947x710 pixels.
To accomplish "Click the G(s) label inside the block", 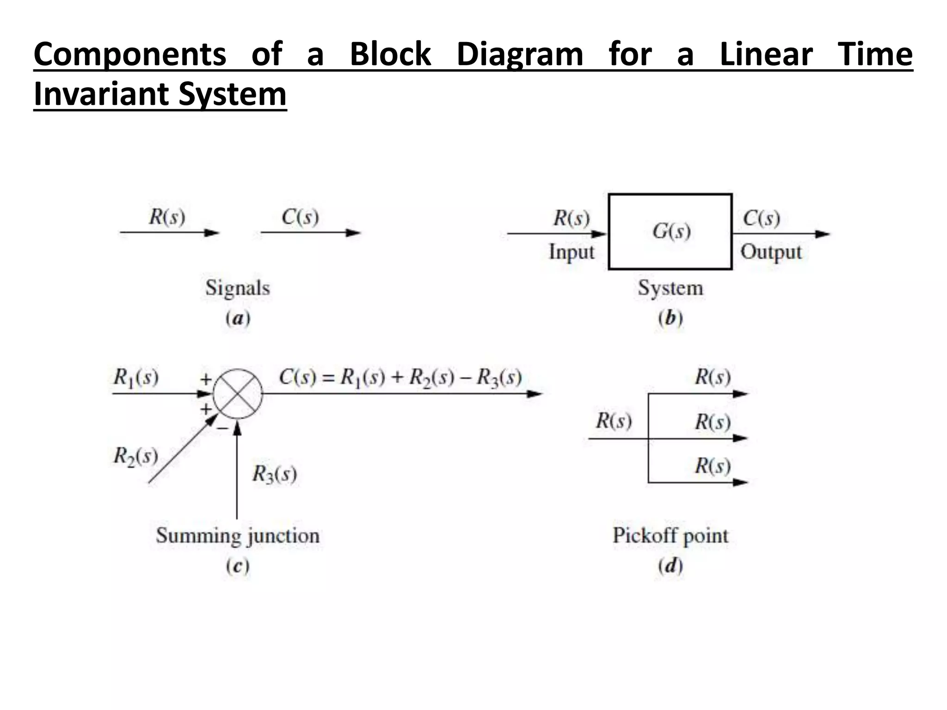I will coord(671,231).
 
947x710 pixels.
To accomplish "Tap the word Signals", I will coord(238,288).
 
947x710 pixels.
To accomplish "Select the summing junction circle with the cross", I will coord(238,394).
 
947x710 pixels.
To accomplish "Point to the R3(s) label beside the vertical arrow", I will coord(274,474).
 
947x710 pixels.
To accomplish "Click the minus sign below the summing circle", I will coord(222,428).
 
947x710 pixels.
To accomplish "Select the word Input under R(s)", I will coord(572,252).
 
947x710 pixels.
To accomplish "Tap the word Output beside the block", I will coord(771,252).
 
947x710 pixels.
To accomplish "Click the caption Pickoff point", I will coord(670,536).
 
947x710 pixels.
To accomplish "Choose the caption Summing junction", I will coord(238,536).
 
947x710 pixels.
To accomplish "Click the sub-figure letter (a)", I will coord(238,318).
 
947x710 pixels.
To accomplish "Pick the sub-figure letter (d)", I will coord(670,566).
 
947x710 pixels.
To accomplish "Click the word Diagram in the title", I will coord(520,55).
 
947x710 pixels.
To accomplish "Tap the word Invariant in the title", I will coord(102,94).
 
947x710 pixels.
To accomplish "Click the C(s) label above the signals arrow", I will coord(300,217).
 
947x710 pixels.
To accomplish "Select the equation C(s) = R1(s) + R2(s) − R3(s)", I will coord(400,378).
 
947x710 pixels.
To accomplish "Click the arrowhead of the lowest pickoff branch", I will coord(741,483).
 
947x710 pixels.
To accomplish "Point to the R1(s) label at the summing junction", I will coord(136,378).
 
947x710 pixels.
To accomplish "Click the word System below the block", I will coord(670,288).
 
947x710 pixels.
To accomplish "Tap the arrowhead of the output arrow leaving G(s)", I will coord(823,234).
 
